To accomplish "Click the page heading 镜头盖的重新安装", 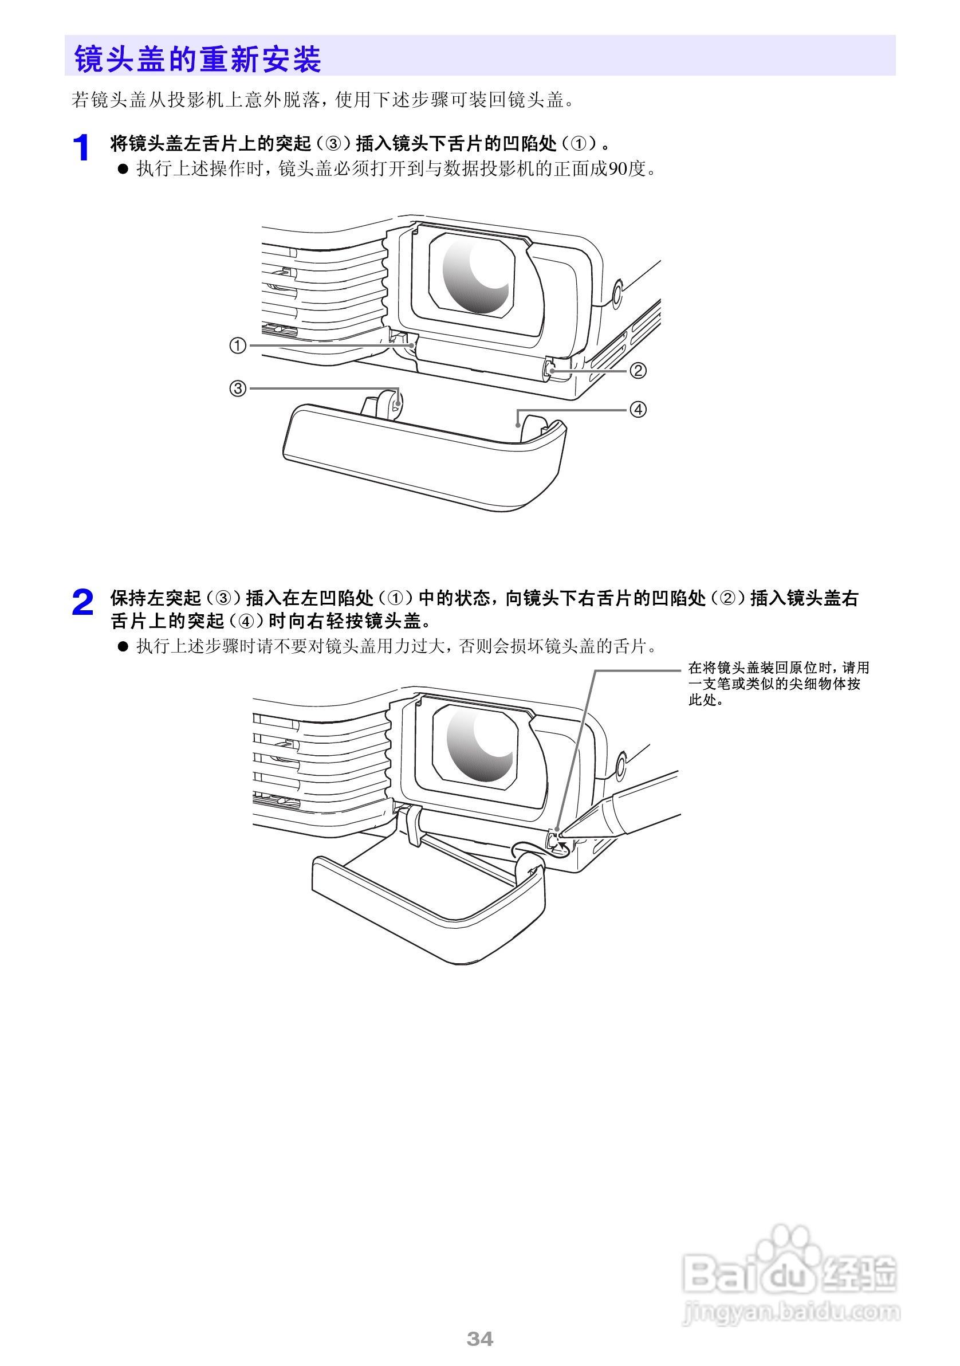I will pyautogui.click(x=197, y=59).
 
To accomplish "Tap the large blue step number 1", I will pyautogui.click(x=81, y=148).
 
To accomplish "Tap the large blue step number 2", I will pyautogui.click(x=82, y=602).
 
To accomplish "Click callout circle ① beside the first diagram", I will pyautogui.click(x=237, y=345).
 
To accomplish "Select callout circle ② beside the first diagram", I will pyautogui.click(x=638, y=371).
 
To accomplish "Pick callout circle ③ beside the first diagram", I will pyautogui.click(x=237, y=388).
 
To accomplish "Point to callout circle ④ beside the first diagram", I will pyautogui.click(x=638, y=409).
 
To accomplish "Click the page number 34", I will pyautogui.click(x=480, y=1338).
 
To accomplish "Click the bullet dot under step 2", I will pyautogui.click(x=123, y=646).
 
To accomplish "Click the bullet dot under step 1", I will pyautogui.click(x=123, y=169).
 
